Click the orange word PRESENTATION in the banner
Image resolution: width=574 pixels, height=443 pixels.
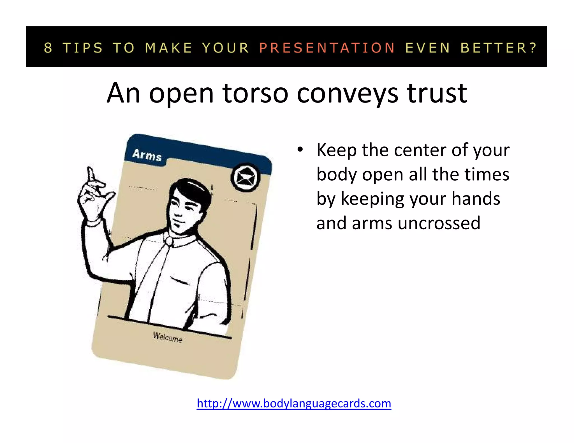[x=327, y=48]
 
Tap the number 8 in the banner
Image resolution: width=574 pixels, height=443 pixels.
[x=48, y=48]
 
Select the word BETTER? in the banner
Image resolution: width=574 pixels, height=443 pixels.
[x=499, y=48]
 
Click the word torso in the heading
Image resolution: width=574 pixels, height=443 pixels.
[x=255, y=93]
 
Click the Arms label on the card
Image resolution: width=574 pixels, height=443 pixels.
[x=147, y=155]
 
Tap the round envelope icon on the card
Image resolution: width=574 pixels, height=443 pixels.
[x=245, y=177]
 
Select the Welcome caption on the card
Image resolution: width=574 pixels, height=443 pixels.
[x=168, y=337]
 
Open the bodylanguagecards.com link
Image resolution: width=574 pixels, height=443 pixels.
[x=294, y=404]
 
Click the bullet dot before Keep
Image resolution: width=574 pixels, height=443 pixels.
[x=300, y=150]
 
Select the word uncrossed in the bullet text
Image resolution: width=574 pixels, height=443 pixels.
[x=439, y=223]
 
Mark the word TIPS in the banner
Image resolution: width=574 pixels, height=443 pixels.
[x=83, y=48]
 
